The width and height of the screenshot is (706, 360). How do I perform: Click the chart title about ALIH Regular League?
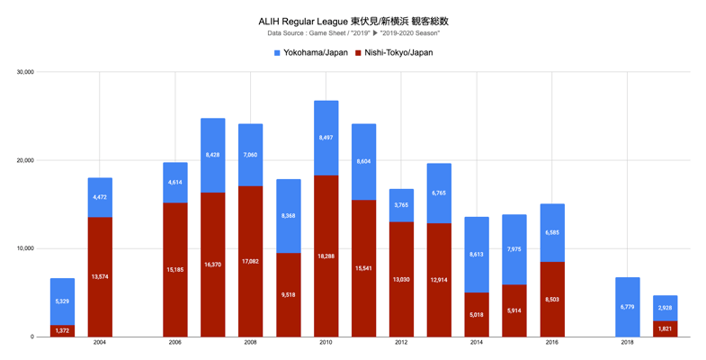353,21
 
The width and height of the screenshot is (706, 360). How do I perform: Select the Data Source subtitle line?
353,33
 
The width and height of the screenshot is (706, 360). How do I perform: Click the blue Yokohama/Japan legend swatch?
277,53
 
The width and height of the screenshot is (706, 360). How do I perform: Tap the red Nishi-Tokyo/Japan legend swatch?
358,53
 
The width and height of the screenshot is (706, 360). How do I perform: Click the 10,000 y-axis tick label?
22,248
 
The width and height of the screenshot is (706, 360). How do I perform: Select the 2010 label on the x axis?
326,343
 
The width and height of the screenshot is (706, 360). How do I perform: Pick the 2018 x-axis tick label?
627,343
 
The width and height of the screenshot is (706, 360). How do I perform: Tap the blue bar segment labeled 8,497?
326,138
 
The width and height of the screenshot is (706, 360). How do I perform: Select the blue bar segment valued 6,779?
627,307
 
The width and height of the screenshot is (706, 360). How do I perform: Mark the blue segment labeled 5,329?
62,301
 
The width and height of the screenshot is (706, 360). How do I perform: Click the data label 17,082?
250,262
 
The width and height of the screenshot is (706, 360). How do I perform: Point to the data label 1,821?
665,329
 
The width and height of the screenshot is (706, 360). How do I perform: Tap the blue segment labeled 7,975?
514,249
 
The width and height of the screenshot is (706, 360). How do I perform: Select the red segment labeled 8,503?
551,299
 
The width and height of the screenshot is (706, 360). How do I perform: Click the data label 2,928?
665,308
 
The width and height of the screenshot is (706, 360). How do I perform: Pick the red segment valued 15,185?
175,270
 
